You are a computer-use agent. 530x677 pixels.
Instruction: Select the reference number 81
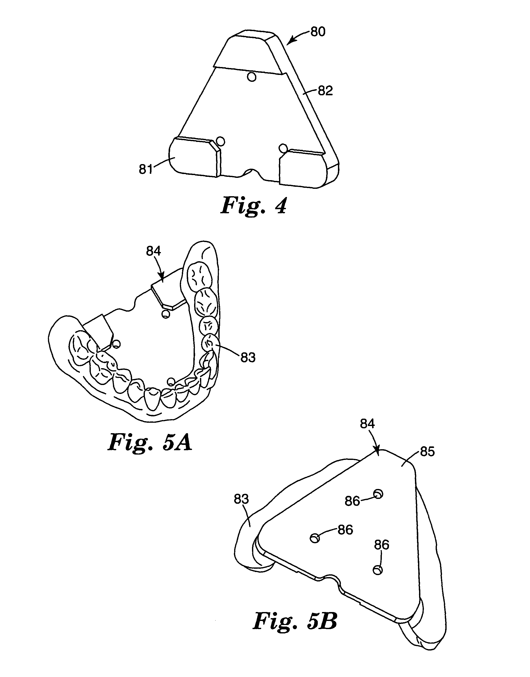coord(146,169)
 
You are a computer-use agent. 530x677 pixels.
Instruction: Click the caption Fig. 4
coord(253,206)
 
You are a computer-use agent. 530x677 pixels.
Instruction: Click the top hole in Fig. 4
coord(252,76)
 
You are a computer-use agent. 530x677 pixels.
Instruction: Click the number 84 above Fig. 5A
coord(154,251)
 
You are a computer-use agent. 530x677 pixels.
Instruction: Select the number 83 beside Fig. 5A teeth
coord(248,358)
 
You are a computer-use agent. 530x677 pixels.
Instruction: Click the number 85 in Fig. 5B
coord(427,452)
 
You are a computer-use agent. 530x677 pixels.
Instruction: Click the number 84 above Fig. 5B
coord(367,424)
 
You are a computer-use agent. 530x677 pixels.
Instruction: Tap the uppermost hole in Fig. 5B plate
coord(378,494)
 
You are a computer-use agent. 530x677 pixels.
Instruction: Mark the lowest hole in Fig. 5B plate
coord(377,570)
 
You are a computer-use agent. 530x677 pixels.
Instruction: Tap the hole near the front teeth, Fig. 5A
coord(170,381)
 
